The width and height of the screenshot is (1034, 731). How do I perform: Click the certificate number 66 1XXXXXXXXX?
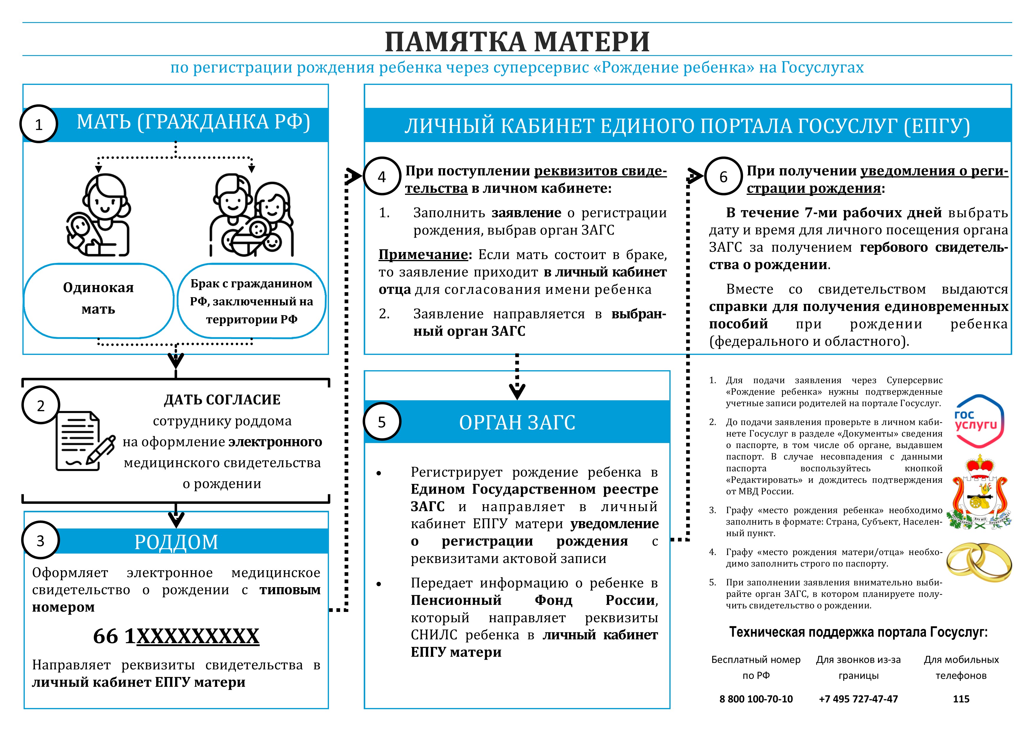(176, 636)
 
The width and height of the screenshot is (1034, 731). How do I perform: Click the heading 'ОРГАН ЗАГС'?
(517, 422)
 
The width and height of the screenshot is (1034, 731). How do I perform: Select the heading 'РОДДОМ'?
(176, 542)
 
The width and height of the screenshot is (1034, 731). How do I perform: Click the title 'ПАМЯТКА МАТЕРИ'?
(517, 42)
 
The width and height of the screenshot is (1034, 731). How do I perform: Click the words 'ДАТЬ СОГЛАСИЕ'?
(222, 399)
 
